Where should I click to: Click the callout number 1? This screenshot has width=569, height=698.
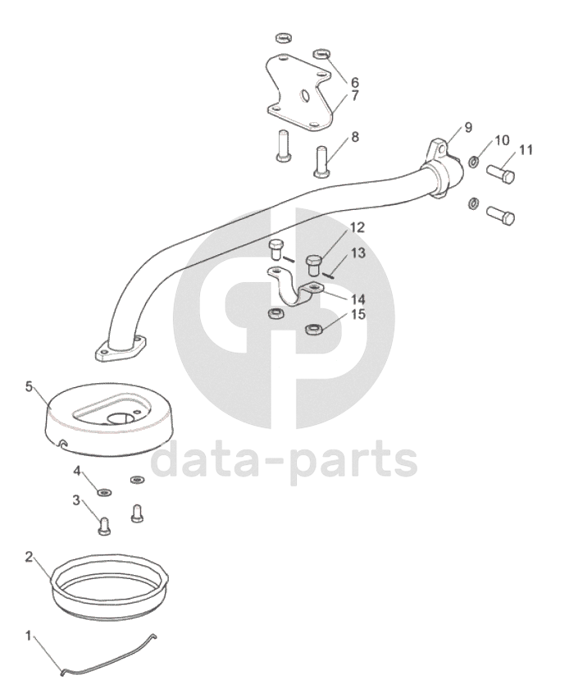29,636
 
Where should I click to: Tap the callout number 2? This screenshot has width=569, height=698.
29,557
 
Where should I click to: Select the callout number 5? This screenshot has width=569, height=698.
29,387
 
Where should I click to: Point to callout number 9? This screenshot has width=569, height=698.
468,128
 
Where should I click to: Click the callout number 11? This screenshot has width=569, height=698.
526,150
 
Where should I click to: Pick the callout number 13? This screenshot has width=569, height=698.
358,253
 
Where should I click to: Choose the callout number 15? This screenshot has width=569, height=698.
358,314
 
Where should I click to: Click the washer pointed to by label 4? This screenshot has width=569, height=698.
105,492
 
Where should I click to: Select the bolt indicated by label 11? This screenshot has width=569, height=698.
500,173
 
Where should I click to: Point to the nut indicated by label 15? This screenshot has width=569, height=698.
312,330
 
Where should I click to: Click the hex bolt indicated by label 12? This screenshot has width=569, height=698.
314,265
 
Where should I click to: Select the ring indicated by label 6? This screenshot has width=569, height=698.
321,55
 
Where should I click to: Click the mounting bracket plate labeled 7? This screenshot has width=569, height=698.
299,94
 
